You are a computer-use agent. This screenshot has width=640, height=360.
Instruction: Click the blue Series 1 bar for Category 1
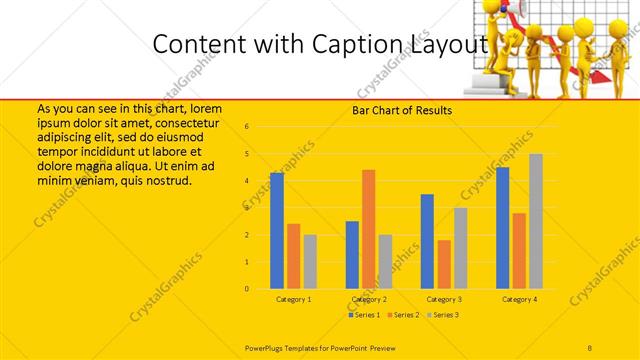[x=277, y=231]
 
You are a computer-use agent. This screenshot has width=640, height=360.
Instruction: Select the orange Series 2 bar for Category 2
[x=368, y=229]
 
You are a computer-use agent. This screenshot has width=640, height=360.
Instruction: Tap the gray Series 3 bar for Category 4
[x=536, y=221]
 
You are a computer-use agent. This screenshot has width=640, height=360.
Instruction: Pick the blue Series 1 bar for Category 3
[x=427, y=241]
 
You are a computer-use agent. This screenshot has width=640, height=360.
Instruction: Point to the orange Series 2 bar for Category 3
[x=444, y=264]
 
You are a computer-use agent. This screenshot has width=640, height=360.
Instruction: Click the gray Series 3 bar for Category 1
[x=310, y=262]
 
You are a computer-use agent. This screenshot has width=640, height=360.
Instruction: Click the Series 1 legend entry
[x=364, y=315]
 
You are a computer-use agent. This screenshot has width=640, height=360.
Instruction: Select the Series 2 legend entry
[x=402, y=315]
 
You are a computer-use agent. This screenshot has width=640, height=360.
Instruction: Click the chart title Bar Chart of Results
[x=402, y=110]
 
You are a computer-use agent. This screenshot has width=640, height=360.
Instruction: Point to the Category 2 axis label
[x=369, y=299]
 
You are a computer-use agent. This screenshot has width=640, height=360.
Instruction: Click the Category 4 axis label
[x=519, y=299]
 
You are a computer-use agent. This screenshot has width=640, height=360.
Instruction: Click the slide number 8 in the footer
[x=590, y=348]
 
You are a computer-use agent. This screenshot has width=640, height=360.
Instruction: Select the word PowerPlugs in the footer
[x=266, y=348]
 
